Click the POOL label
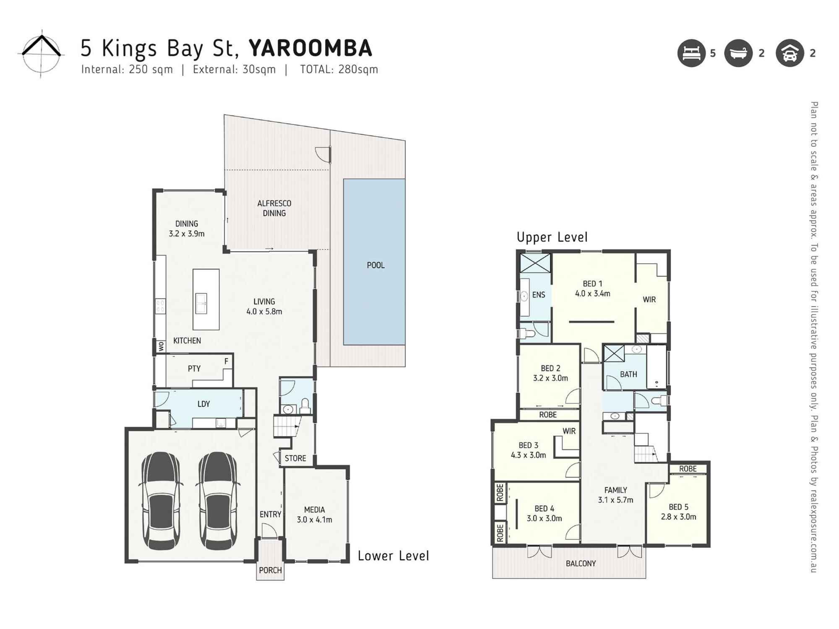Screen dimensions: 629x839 (x=375, y=265)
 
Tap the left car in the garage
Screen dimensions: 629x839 (x=161, y=501)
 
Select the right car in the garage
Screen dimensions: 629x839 (x=217, y=501)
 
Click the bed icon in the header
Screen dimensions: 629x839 (x=691, y=53)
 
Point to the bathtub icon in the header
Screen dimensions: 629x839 (x=738, y=53)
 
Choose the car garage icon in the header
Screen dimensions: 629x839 (x=789, y=53)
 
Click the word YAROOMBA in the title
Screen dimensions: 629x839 (x=310, y=48)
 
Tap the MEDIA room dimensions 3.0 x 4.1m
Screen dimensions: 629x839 (x=314, y=520)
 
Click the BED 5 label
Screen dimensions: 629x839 (x=678, y=507)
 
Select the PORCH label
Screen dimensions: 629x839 (x=270, y=570)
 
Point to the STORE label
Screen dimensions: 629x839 (x=295, y=458)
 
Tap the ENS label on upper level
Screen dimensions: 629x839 (x=539, y=295)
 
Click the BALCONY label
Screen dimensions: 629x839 (x=581, y=564)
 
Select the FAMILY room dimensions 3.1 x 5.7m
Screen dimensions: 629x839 (x=615, y=500)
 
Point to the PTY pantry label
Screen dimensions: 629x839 (x=194, y=369)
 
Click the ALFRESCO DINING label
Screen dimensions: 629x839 (x=274, y=208)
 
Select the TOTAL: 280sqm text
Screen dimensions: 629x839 (x=339, y=70)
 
